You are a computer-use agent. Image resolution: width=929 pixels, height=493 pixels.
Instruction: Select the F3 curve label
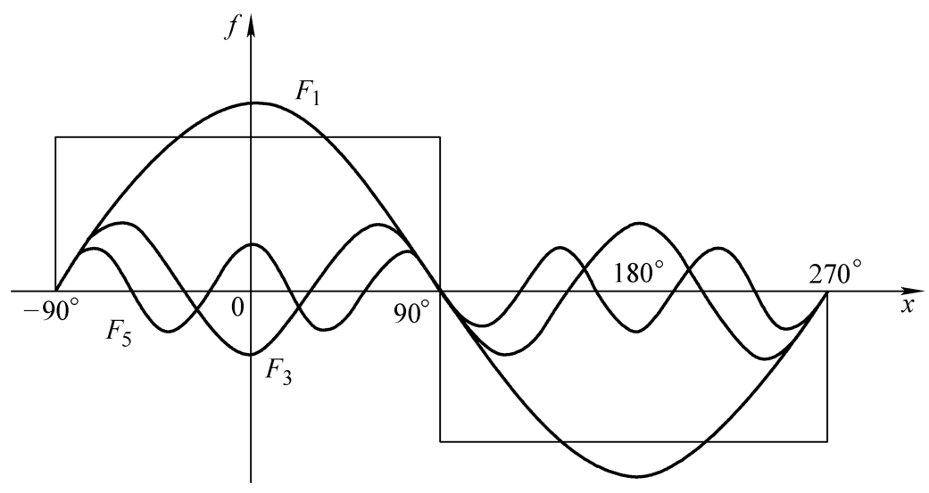(278, 372)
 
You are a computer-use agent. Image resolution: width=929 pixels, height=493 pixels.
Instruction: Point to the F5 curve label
(119, 333)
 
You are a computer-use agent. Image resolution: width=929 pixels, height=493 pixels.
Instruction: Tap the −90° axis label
(50, 309)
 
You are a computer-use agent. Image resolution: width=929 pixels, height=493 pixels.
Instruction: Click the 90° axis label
(412, 312)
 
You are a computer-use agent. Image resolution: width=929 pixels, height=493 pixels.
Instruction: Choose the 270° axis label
(835, 275)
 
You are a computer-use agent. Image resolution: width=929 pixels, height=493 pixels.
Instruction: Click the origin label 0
(237, 308)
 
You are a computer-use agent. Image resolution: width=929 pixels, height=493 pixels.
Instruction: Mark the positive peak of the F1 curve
(251, 103)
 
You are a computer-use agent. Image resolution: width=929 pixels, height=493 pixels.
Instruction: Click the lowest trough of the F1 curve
(637, 476)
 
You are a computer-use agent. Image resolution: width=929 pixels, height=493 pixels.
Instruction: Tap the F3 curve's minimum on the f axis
(251, 355)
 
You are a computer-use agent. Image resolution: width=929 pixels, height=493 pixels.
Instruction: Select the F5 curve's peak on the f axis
(251, 244)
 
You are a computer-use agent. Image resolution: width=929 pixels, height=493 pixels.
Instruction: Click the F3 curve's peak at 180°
(638, 223)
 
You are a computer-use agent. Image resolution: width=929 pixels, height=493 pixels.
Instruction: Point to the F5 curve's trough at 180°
(637, 332)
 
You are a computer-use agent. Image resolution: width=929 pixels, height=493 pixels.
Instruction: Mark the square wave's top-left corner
(55, 137)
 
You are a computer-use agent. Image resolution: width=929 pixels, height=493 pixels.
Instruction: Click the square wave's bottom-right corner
(827, 441)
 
